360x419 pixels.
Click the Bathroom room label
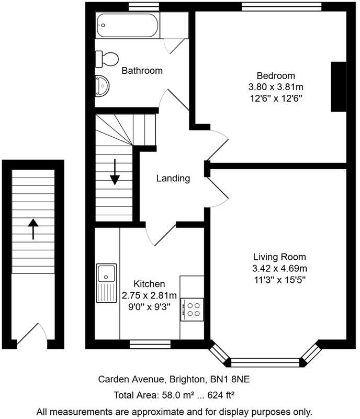(142, 70)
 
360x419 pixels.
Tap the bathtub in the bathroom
(128, 24)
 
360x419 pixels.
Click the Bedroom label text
(276, 75)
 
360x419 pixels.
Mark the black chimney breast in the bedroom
(339, 86)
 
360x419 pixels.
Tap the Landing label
(173, 178)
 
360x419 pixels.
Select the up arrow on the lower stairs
(33, 229)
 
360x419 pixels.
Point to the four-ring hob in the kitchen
(192, 308)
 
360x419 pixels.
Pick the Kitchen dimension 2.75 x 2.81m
(142, 295)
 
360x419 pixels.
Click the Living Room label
(279, 257)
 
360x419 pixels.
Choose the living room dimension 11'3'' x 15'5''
(279, 280)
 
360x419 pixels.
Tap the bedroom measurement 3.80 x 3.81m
(276, 86)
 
